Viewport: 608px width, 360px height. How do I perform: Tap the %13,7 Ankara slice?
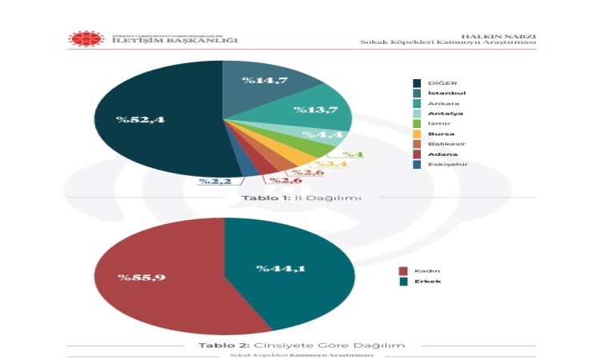pos(312,110)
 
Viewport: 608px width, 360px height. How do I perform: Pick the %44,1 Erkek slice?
pos(288,268)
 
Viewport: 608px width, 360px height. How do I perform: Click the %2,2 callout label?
pos(215,182)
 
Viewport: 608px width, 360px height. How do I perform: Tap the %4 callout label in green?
pos(352,154)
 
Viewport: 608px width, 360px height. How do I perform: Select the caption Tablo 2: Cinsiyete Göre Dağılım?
pos(301,345)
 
